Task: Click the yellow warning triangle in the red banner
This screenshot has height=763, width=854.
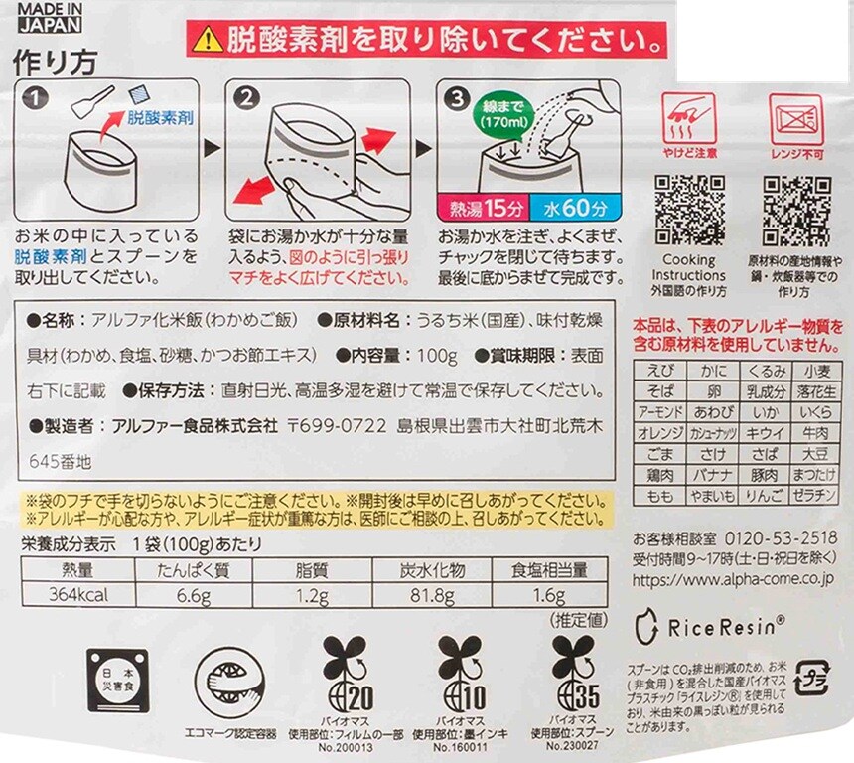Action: (x=208, y=39)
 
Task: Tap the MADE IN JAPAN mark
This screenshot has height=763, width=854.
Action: (x=50, y=18)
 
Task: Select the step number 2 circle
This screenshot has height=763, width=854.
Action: (x=246, y=98)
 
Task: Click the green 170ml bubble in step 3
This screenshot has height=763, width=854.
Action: (x=504, y=113)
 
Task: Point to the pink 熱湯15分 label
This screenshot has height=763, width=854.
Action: (x=483, y=208)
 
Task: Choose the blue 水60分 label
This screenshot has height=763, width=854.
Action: (x=575, y=208)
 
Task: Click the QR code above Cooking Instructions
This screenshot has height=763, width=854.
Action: (x=689, y=210)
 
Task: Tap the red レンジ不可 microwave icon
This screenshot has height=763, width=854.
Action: (x=796, y=126)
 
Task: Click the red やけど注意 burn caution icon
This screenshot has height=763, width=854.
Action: (x=689, y=125)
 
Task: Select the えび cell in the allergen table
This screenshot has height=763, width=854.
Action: (x=660, y=371)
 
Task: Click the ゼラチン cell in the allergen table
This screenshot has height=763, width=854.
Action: (x=816, y=496)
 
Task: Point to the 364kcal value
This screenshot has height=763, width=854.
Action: (x=77, y=594)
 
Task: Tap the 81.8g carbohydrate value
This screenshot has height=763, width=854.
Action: (x=432, y=596)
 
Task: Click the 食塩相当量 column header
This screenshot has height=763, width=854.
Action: (x=549, y=570)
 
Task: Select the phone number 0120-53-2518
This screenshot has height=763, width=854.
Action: (x=781, y=538)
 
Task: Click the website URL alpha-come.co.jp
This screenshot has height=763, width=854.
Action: (x=733, y=580)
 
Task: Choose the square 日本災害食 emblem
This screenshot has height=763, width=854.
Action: (x=117, y=681)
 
